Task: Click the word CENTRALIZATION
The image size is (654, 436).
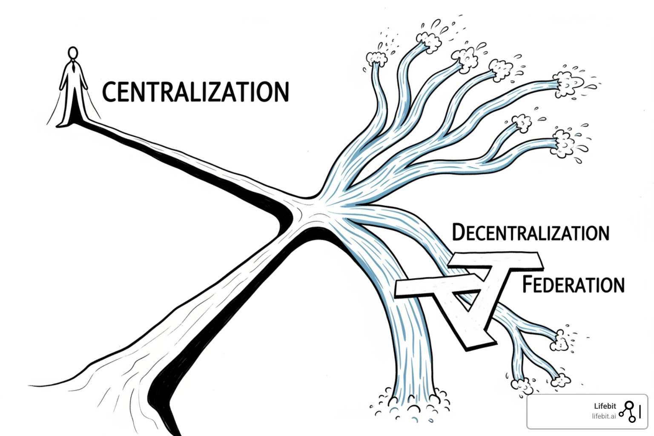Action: pyautogui.click(x=195, y=92)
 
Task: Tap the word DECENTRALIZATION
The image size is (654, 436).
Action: pyautogui.click(x=531, y=233)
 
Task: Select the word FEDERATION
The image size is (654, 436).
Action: pyautogui.click(x=574, y=285)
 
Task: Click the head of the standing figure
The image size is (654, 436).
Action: pyautogui.click(x=73, y=53)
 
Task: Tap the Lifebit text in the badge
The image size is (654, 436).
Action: pyautogui.click(x=605, y=406)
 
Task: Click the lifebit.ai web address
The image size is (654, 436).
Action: pyautogui.click(x=603, y=416)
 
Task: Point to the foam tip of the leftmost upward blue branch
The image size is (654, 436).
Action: pyautogui.click(x=376, y=58)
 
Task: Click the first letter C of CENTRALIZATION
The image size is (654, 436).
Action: pyautogui.click(x=109, y=92)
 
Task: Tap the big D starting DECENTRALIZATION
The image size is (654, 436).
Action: pyautogui.click(x=459, y=232)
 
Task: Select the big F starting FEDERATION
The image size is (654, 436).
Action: pyautogui.click(x=528, y=284)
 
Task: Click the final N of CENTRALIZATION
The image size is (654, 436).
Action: pyautogui.click(x=281, y=92)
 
